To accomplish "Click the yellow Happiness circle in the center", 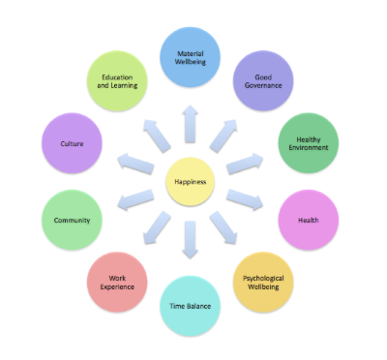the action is tap(191, 182).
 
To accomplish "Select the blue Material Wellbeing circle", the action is tap(191, 57).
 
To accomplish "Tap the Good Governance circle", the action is tap(263, 81).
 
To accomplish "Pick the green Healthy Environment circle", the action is tap(309, 143).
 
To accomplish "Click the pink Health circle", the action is tap(309, 220).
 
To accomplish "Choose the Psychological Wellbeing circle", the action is tap(263, 283).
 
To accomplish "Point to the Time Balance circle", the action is tap(191, 306).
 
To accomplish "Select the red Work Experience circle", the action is tap(117, 283).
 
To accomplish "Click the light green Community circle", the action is tap(72, 220).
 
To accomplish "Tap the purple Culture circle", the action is tap(72, 143).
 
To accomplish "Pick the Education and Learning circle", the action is tap(117, 81).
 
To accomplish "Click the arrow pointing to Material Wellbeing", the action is tap(191, 124).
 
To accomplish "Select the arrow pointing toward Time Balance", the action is tap(191, 240).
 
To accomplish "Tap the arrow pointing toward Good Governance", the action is tap(223, 135).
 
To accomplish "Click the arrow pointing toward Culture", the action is tap(135, 164).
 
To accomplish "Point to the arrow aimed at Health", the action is tap(245, 200).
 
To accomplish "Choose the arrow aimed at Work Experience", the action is tap(157, 227).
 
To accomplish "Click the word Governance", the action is tap(263, 85).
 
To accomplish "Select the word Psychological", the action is tap(263, 279).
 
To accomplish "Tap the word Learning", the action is tap(124, 85).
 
